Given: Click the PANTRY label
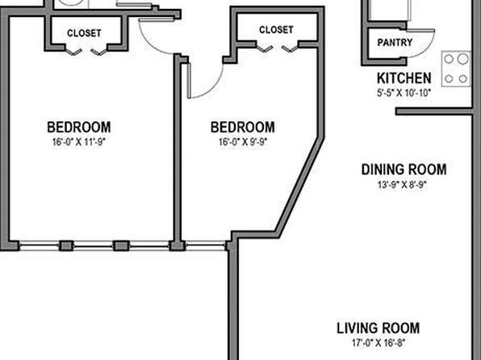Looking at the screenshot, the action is point(395,42).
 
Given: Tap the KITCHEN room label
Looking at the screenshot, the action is point(404,78).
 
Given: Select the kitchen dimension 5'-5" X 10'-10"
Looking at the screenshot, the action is point(404,93).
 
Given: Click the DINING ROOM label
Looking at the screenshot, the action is point(404,170).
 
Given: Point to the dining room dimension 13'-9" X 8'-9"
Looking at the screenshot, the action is point(403,185).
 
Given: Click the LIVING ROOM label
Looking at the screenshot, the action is point(379,328).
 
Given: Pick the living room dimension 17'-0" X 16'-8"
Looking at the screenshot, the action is point(379,342).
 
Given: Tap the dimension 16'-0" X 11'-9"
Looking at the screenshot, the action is point(79,142).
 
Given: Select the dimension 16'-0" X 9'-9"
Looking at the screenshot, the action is point(243,142).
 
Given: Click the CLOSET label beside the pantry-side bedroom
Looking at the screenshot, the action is point(276,30).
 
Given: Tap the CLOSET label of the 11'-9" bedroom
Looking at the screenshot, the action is point(84,33).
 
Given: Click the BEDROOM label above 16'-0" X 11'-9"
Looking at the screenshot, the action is point(79,127).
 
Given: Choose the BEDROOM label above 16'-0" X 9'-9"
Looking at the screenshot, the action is point(243,127).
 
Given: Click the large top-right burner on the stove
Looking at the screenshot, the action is point(463,59).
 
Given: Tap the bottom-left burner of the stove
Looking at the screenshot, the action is point(449,79).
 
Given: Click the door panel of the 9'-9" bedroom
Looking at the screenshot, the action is point(190,81).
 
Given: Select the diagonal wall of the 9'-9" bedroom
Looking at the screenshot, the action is point(299,185).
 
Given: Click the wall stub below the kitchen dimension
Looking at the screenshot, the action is point(433,111).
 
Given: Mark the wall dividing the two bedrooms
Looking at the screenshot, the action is point(178,148).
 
